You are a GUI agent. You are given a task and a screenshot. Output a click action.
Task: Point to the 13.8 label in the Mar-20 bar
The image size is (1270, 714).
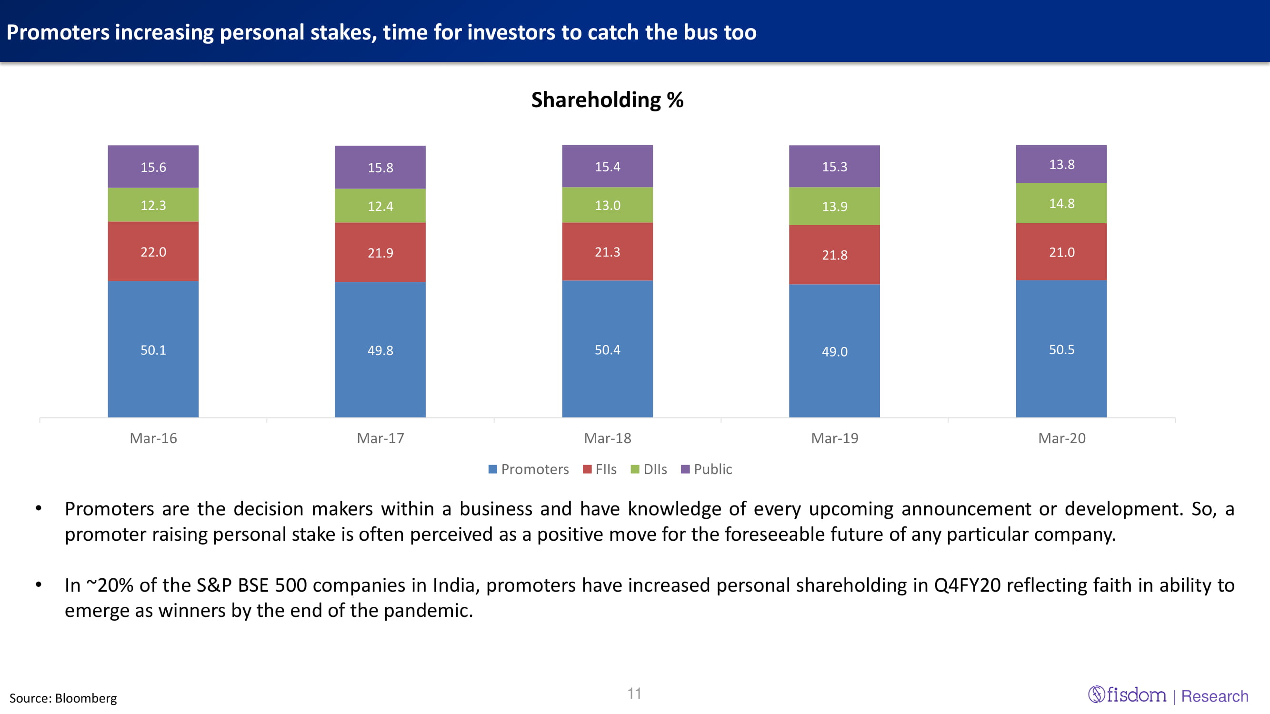1061,165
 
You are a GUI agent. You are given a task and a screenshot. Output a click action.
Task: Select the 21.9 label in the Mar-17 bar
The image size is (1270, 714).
380,253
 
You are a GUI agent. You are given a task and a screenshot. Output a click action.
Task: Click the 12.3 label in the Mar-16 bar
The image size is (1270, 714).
153,205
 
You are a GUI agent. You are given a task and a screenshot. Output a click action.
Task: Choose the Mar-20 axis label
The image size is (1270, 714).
1061,438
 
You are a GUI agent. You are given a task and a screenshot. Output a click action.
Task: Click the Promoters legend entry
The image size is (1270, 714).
529,469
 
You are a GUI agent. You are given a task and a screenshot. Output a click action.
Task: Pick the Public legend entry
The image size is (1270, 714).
707,469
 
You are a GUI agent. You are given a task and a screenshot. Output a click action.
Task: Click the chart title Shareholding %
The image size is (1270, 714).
607,100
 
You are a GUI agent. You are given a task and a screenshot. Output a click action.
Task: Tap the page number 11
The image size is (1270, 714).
634,694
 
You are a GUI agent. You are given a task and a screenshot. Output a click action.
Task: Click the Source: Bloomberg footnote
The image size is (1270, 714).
63,698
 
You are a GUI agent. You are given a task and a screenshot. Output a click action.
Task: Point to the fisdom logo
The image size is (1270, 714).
1127,695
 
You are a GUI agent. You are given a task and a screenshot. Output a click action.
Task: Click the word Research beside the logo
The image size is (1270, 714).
1214,696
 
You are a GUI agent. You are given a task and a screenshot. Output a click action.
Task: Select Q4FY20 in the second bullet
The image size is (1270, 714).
967,585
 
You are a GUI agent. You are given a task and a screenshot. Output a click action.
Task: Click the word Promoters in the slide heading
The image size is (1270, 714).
58,32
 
